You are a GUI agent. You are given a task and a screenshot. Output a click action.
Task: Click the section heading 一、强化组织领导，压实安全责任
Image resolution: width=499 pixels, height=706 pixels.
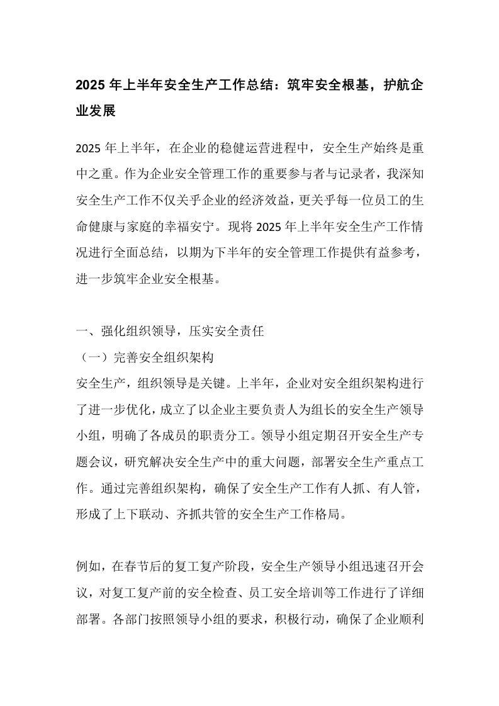(x=169, y=333)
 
